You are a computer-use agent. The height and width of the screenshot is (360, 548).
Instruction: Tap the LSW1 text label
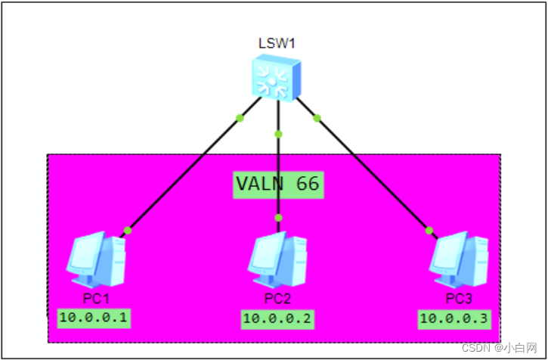(275, 44)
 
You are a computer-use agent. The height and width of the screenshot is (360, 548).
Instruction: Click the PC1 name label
(96, 298)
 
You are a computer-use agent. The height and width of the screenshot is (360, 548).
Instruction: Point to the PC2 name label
(277, 298)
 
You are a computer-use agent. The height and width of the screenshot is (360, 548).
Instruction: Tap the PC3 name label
(459, 298)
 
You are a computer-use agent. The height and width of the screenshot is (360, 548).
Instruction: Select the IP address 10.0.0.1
(94, 318)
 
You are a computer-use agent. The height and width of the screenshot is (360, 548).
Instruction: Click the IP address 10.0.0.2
(277, 319)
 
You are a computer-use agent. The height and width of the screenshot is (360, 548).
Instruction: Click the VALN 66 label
(277, 184)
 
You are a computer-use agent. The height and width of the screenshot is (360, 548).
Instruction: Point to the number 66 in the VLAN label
(306, 184)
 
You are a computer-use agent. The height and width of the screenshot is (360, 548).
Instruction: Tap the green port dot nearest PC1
(128, 230)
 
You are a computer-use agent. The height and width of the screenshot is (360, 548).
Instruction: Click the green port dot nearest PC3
(429, 230)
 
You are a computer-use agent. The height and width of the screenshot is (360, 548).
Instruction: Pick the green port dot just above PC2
(278, 218)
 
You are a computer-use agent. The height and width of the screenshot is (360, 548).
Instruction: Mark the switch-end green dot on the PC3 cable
(317, 117)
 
